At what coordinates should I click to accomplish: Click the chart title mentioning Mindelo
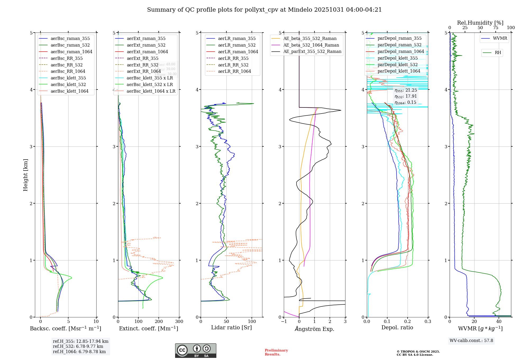pos(264,10)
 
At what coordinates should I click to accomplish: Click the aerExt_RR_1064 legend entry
pos(144,71)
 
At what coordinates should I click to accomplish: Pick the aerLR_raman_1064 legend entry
pos(238,52)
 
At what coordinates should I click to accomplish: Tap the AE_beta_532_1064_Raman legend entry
pos(311,45)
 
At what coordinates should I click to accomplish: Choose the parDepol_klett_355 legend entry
pos(398,58)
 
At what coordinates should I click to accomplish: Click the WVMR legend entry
pos(500,38)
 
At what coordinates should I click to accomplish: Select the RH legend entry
pos(498,53)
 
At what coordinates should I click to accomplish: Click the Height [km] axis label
pos(25,175)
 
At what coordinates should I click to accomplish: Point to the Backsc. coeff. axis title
pos(65,328)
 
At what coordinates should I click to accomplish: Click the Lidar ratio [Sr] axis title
pos(231,327)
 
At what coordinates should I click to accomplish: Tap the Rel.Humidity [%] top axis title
pos(480,23)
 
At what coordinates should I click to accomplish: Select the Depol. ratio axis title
pos(397,327)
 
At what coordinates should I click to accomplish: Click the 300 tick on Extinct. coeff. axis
pos(179,322)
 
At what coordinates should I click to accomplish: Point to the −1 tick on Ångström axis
pos(284,322)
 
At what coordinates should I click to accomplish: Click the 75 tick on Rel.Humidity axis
pos(495,28)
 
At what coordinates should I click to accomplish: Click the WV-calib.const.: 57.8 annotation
pos(471,341)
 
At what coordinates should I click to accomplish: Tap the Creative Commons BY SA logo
pos(195,351)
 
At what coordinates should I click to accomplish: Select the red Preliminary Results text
pos(276,352)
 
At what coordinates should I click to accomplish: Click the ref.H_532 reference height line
pos(78,346)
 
